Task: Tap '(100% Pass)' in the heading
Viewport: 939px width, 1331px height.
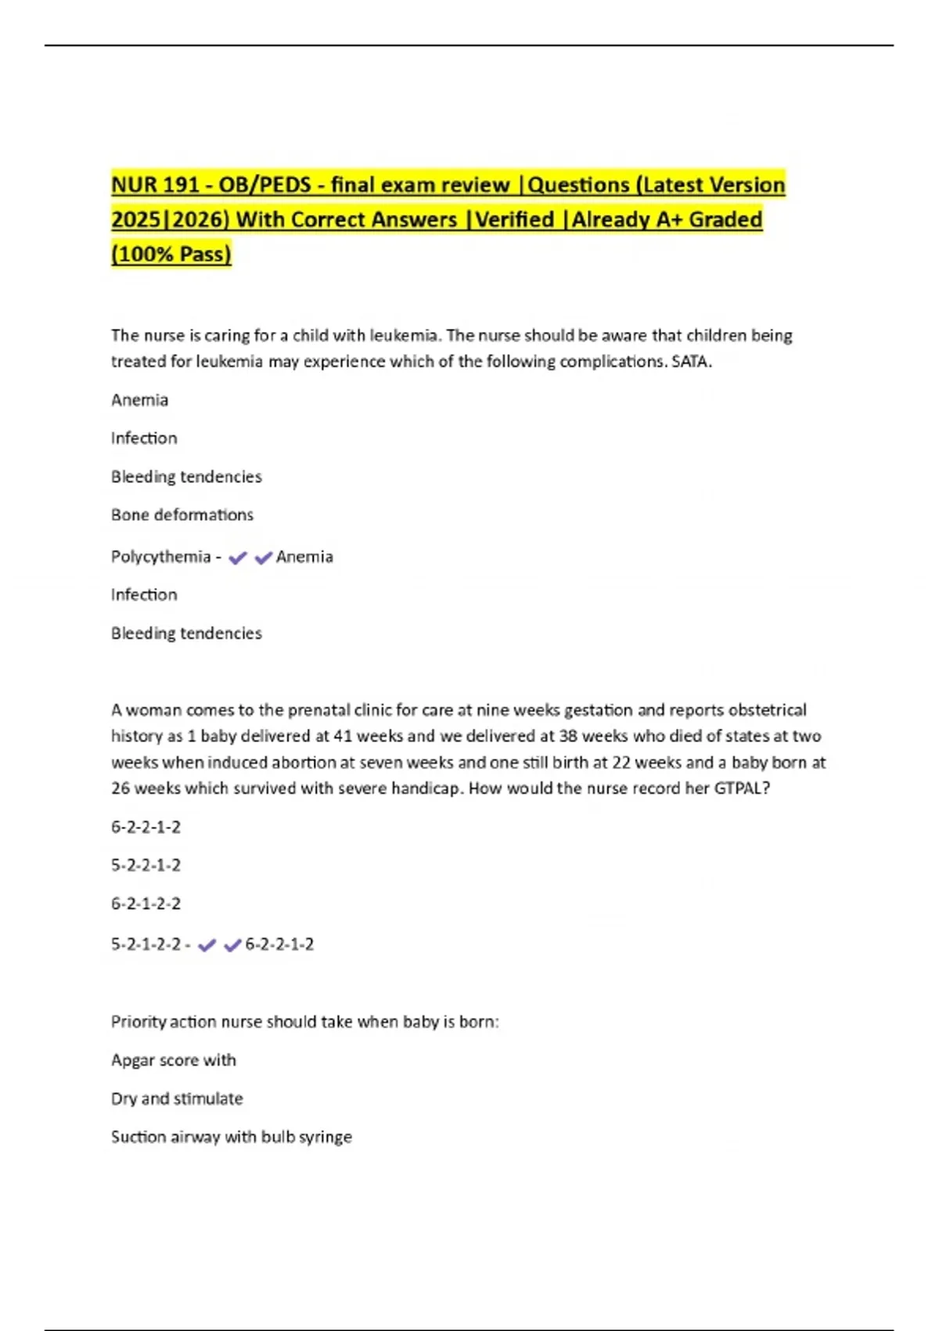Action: point(171,254)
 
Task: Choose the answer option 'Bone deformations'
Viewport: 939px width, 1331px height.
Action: point(182,515)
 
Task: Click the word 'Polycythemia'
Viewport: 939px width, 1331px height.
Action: point(161,557)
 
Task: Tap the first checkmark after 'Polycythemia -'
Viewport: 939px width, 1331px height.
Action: point(238,557)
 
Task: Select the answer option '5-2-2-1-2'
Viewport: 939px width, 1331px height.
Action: point(146,865)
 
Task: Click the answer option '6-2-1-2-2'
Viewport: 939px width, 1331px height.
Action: point(146,904)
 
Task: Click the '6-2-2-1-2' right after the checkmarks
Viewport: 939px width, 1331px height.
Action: point(279,945)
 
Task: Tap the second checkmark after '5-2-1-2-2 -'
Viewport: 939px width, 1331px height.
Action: point(232,946)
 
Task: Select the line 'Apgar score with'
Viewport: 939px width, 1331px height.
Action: point(174,1060)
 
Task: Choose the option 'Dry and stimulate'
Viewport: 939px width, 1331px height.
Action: point(177,1098)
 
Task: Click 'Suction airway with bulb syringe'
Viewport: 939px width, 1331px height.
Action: point(232,1137)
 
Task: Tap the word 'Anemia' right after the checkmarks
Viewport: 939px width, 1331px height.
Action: point(304,557)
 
